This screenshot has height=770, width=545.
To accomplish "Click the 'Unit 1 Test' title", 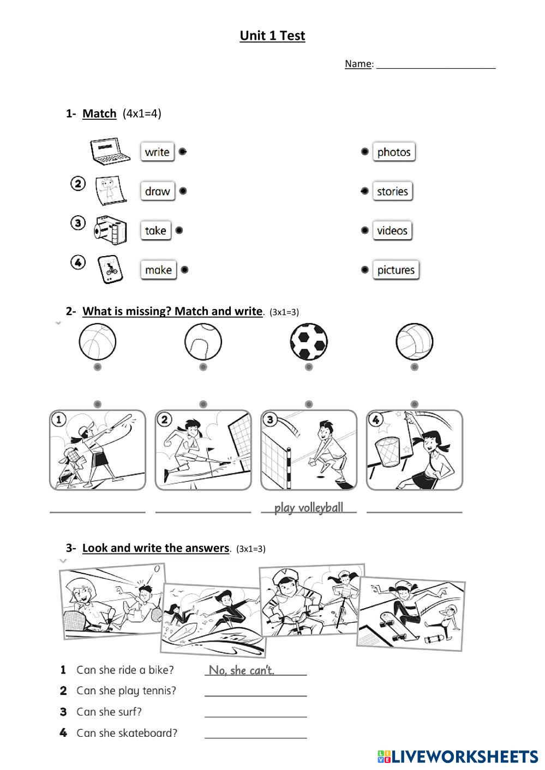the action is pyautogui.click(x=272, y=36).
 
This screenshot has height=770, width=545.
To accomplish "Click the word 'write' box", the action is pyautogui.click(x=157, y=152).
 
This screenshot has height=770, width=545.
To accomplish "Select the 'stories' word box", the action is pyautogui.click(x=392, y=191).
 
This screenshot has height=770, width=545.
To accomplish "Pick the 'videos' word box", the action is pyautogui.click(x=392, y=231).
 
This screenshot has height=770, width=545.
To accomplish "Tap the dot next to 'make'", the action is pyautogui.click(x=184, y=269).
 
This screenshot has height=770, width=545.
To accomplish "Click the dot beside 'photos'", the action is pyautogui.click(x=364, y=151).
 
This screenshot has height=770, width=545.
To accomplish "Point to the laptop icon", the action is pyautogui.click(x=111, y=150).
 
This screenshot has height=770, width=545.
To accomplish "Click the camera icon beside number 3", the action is pyautogui.click(x=110, y=230).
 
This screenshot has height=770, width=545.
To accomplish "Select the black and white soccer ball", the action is pyautogui.click(x=309, y=342).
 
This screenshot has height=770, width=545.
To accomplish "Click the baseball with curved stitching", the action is pyautogui.click(x=203, y=342).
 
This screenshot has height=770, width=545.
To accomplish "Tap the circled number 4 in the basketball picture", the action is pyautogui.click(x=375, y=420).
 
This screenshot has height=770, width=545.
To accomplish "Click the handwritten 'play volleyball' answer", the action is pyautogui.click(x=309, y=508).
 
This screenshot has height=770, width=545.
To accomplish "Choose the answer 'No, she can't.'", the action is pyautogui.click(x=242, y=670).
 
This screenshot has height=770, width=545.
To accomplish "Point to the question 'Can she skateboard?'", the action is pyautogui.click(x=127, y=733).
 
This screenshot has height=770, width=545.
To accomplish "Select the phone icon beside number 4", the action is pyautogui.click(x=111, y=269).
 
